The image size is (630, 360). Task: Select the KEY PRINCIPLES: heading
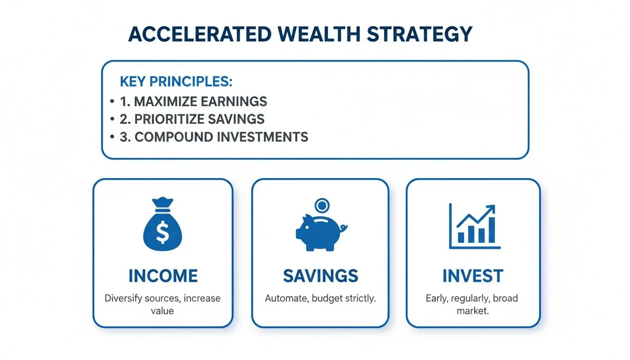pos(176,81)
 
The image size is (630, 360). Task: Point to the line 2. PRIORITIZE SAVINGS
pos(192,119)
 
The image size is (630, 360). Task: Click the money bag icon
pos(162,225)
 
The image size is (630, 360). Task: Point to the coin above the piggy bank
pos(322,206)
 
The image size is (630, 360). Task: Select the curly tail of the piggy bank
pos(344,228)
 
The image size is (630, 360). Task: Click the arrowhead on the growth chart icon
pos(491,209)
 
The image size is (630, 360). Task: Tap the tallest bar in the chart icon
pos(491,231)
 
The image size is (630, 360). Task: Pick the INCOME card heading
pos(163,276)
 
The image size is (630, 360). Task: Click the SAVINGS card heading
pos(320,276)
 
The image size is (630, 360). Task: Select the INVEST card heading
pos(472,276)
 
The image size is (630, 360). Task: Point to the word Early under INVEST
pos(436,298)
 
